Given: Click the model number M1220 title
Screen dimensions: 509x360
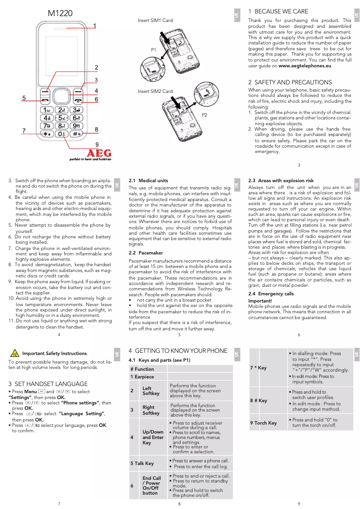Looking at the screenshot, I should point(60,14).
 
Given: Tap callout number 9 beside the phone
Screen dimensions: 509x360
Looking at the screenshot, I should point(97,144).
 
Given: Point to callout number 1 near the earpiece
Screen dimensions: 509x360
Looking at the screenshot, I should point(95,26).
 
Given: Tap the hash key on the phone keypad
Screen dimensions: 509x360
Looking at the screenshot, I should point(77,134).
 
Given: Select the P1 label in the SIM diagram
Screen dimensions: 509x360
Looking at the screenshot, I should point(153,50).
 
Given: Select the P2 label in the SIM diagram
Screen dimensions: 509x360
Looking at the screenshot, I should point(204,115).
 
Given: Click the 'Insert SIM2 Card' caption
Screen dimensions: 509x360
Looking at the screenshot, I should point(155,92).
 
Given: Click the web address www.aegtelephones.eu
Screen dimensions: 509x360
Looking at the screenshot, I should point(305,66).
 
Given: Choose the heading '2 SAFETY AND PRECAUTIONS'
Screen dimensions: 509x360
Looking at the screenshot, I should point(290,83).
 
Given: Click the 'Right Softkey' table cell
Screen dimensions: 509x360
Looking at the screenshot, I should point(151,410).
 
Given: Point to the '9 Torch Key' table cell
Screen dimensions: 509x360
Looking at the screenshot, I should point(263,423).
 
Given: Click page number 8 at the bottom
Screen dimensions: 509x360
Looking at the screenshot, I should point(179,504).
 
